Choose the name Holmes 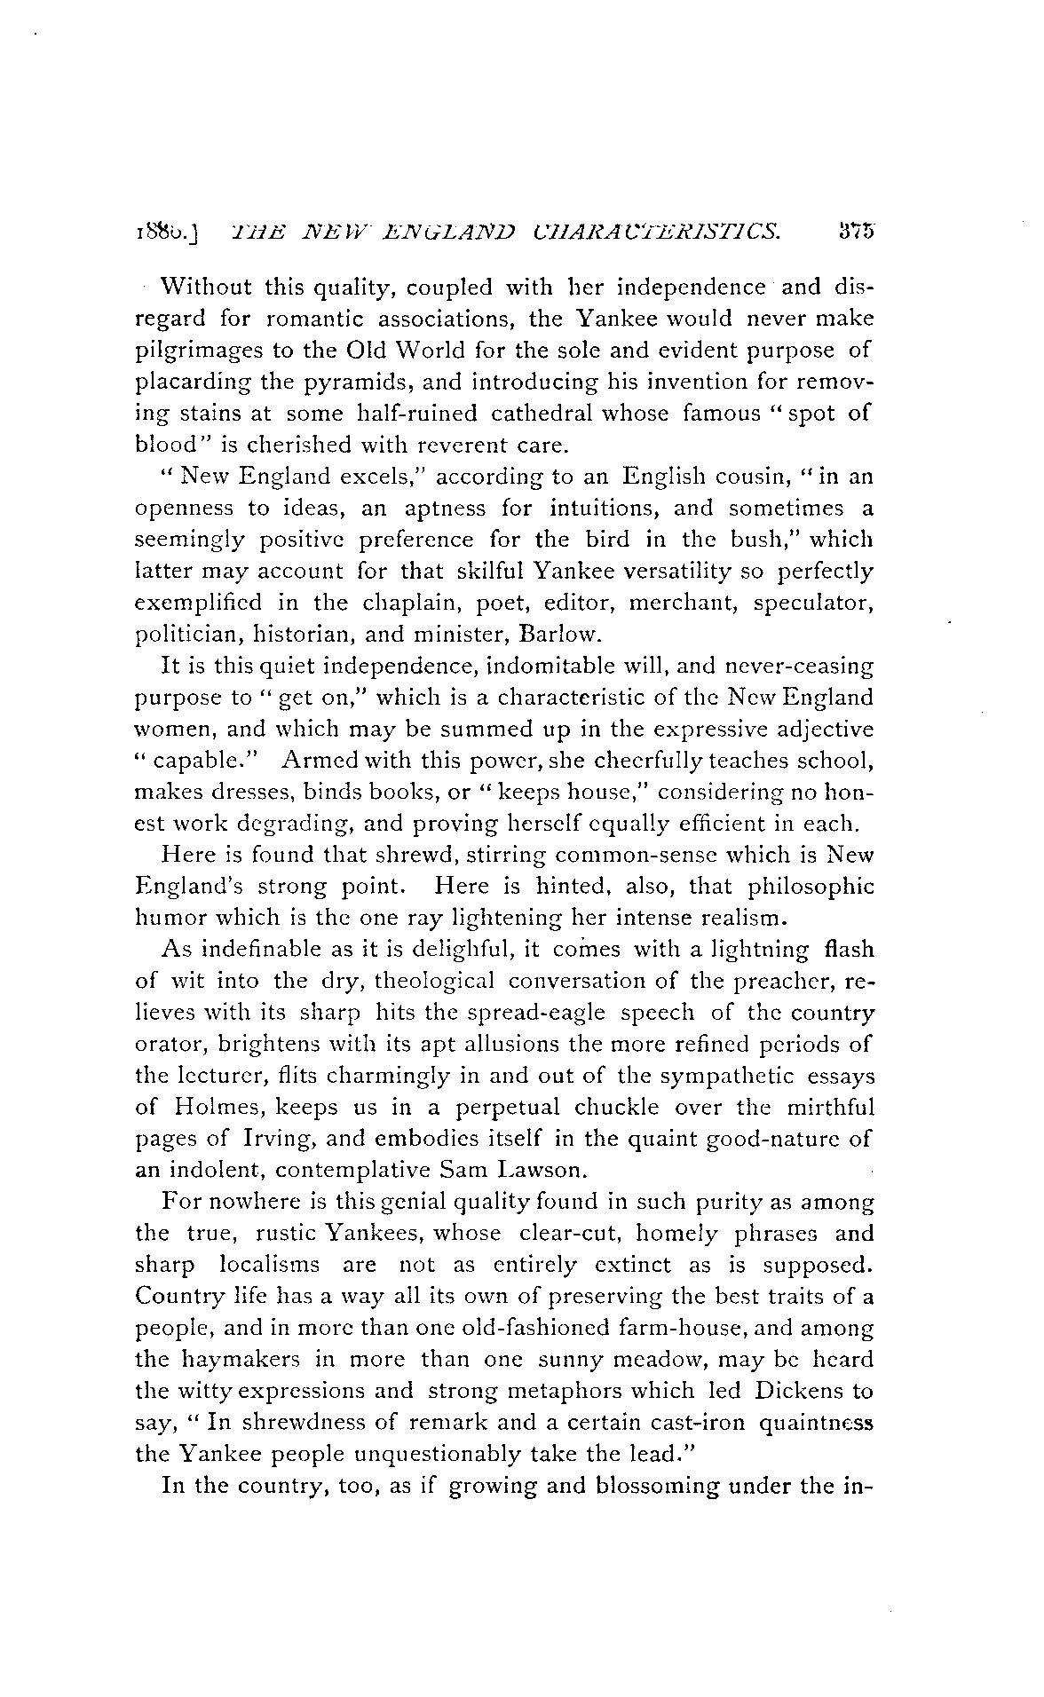[x=216, y=1108]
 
